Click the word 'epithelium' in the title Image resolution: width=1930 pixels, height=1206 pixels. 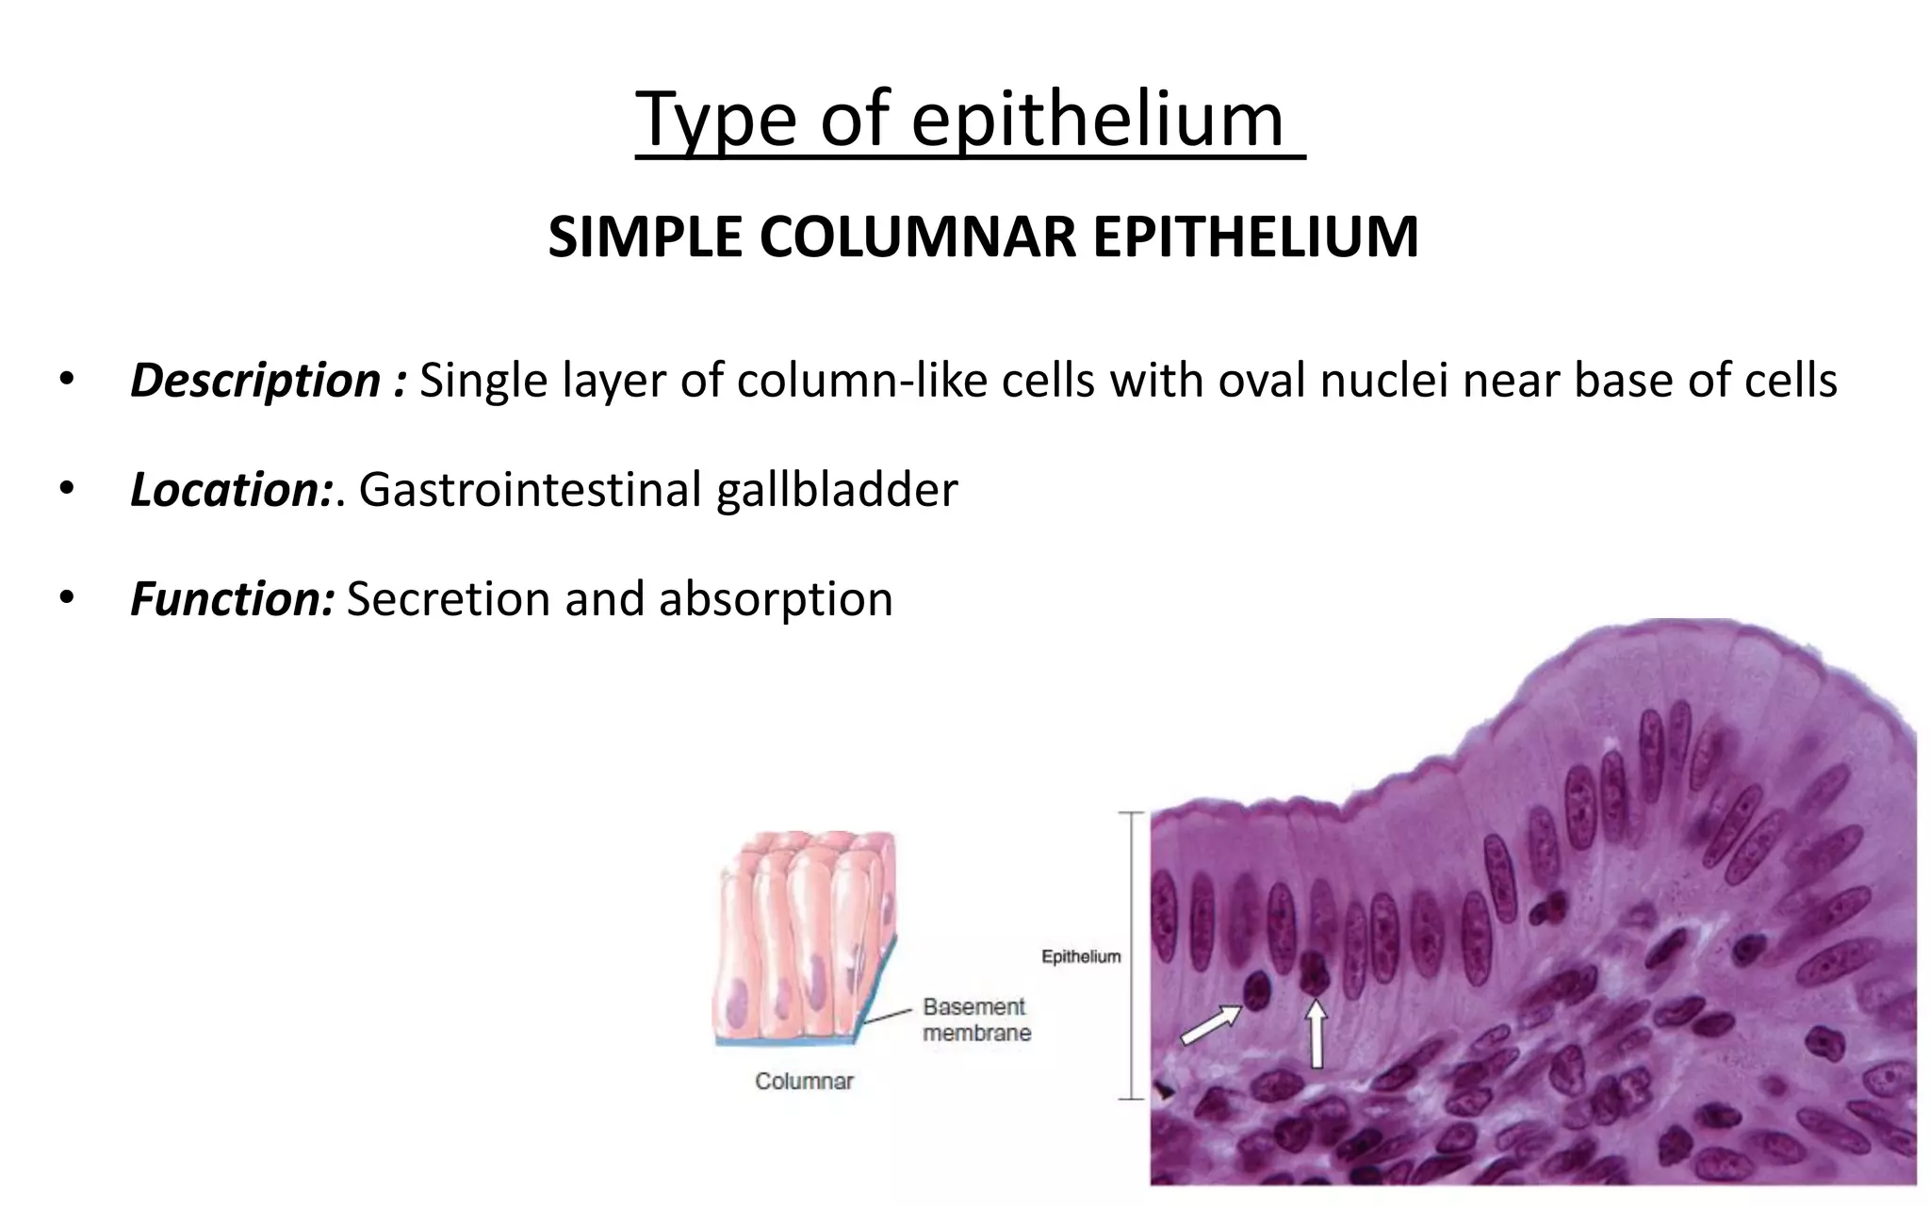[x=1097, y=121]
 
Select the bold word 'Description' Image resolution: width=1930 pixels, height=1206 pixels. [x=255, y=381]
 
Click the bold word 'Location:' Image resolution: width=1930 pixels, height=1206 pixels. [x=232, y=490]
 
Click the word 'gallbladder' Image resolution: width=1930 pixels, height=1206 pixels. [x=836, y=490]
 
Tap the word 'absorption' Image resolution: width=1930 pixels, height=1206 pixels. [x=776, y=599]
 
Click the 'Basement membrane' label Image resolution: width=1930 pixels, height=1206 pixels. [x=976, y=1019]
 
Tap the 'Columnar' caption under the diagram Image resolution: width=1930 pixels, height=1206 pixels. [x=804, y=1082]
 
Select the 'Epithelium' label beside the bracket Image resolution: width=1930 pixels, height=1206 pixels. [x=1081, y=957]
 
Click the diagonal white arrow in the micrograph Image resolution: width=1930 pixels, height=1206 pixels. [x=1211, y=1025]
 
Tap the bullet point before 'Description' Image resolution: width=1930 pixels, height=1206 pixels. [x=65, y=381]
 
